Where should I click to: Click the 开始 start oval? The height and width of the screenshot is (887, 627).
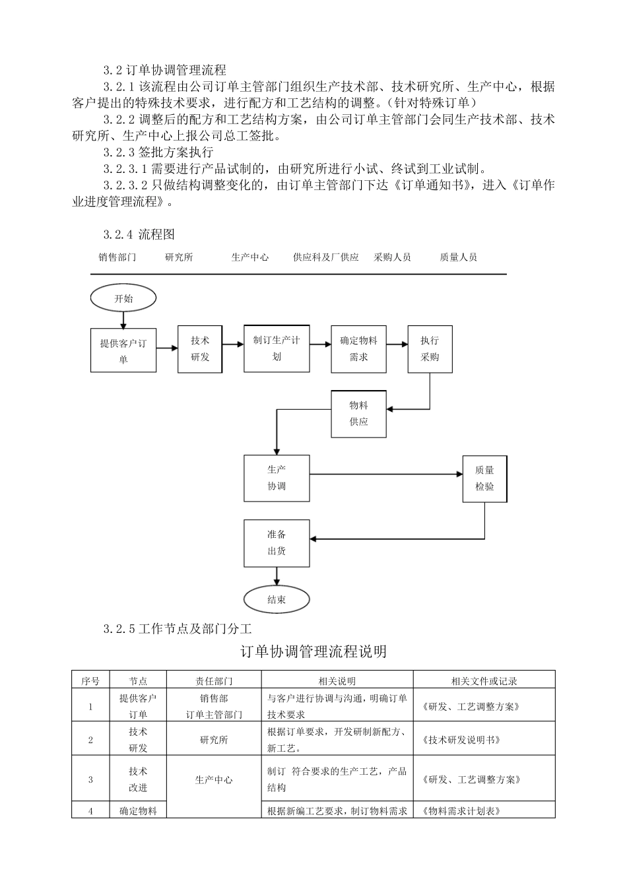coord(123,298)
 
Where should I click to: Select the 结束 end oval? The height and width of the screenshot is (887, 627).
coord(277,600)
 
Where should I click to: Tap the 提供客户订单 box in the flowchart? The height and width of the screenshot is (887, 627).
coord(123,350)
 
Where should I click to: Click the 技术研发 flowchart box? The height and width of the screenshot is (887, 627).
coord(199,348)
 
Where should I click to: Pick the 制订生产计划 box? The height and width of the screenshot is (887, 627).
coord(277,348)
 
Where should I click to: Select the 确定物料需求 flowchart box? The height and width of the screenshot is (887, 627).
coord(358,348)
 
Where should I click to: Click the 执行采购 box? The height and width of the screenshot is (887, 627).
coord(430,348)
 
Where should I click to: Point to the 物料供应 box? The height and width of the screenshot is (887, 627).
coord(358,413)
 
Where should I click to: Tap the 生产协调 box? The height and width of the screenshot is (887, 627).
coord(277,478)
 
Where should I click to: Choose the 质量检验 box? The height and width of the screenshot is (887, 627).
coord(484,478)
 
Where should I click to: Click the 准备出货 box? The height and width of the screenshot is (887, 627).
coord(277,542)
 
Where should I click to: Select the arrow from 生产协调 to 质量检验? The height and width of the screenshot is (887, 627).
coord(386,474)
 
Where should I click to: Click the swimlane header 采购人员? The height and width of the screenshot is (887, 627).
coord(392,257)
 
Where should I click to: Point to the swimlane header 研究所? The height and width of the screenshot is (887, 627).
coord(179,257)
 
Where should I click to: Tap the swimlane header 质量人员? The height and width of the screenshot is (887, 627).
coord(458,257)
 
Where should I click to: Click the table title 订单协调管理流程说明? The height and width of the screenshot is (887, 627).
coord(313,652)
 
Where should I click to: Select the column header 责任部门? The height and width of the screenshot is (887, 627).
coord(214,681)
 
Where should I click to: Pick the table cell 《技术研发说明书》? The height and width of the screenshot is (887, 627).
coord(460,740)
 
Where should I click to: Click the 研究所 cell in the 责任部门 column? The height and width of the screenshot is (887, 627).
coord(214,740)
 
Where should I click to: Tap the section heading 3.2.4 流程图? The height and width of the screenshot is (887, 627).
coord(139,234)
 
